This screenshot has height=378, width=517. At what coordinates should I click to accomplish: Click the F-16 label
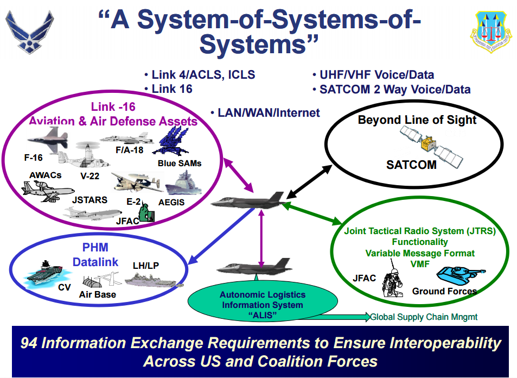coord(34,157)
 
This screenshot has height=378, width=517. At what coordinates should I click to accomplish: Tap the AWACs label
coord(46,175)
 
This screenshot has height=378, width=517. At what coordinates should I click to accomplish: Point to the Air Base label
coord(98,294)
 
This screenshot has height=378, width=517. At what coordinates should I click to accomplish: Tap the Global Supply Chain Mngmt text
coord(424,317)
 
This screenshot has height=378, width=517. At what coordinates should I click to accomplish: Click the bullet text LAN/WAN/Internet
coord(265,113)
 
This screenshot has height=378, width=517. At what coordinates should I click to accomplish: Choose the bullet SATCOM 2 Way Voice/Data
coord(391,90)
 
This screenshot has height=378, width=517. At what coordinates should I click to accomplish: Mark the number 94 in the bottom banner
coord(30,343)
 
